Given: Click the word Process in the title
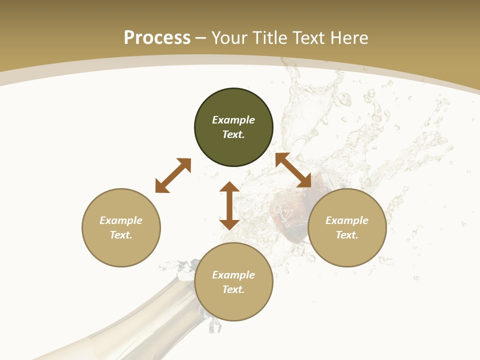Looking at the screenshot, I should (x=157, y=38).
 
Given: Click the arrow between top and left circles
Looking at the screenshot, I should (x=173, y=175).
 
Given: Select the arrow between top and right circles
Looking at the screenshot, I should (x=293, y=170).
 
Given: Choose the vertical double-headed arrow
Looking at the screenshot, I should (x=229, y=205).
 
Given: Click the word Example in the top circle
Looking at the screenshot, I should (x=233, y=120).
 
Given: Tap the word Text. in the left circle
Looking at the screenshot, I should (x=121, y=235).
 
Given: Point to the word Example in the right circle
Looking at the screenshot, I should (x=347, y=220).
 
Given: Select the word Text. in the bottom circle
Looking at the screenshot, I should (x=233, y=289).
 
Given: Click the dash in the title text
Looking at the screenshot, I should (x=201, y=38).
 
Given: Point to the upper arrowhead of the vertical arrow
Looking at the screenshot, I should (x=229, y=188).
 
